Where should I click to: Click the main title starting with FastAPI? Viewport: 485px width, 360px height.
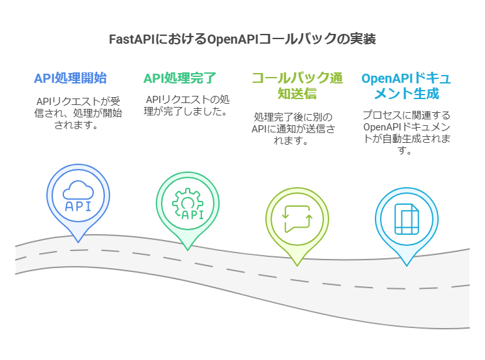tap(242, 39)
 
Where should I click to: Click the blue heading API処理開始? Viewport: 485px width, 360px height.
tap(70, 79)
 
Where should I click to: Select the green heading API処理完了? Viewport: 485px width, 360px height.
tap(179, 79)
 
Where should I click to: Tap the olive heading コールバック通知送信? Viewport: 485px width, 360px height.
tap(297, 86)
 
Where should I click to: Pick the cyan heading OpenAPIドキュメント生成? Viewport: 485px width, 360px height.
tap(405, 86)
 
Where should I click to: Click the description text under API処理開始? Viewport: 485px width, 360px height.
tap(78, 113)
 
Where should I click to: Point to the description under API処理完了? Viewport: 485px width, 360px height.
tap(187, 106)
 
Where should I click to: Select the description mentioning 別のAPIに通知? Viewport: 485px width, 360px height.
tap(297, 128)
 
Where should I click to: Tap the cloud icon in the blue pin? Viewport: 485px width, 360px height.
tap(78, 190)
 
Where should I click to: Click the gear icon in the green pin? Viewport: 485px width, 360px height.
tap(188, 200)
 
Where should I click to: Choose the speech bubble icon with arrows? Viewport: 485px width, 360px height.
tap(297, 219)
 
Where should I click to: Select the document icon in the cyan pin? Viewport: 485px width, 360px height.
tap(406, 218)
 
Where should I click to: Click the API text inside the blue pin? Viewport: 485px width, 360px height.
tap(78, 207)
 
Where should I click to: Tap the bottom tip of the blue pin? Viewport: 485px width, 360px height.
tap(78, 242)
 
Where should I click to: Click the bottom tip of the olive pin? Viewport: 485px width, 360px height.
tap(297, 265)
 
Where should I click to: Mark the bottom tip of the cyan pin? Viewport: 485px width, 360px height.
tap(407, 265)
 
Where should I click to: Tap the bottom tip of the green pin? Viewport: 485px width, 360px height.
tap(188, 250)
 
